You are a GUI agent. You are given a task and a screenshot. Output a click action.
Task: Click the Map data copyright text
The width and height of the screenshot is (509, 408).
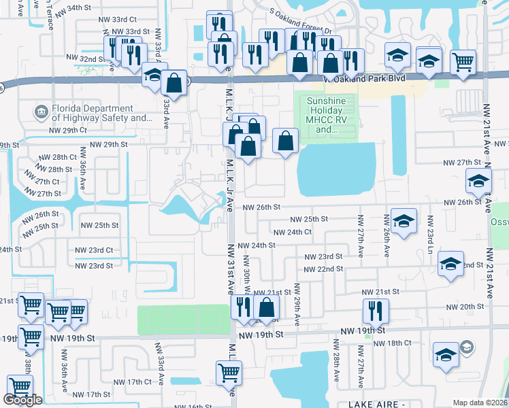coord(479,403)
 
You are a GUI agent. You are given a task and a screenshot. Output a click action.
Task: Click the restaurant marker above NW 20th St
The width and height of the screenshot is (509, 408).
coord(376,311)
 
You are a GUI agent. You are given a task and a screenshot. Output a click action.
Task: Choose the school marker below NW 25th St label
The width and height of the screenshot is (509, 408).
coord(404,222)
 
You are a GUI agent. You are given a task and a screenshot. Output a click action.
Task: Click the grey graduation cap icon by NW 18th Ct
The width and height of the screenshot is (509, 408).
coord(466,348)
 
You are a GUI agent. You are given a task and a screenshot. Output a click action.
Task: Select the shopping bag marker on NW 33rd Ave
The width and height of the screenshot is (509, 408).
coord(174,84)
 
